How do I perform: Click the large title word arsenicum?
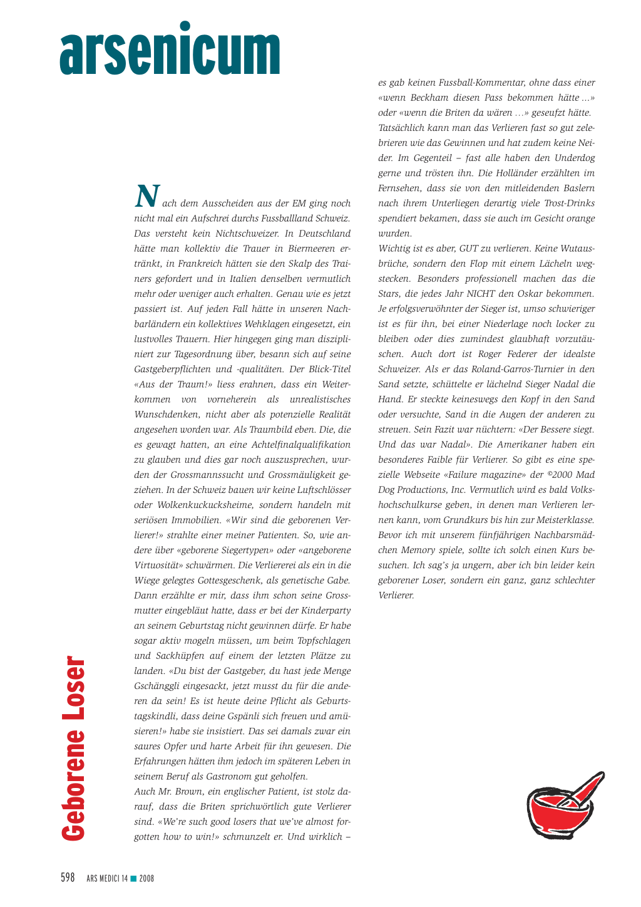click(170, 50)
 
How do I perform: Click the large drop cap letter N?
click(147, 197)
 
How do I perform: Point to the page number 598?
click(68, 878)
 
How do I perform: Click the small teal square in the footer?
click(133, 878)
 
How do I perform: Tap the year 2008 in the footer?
click(146, 879)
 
